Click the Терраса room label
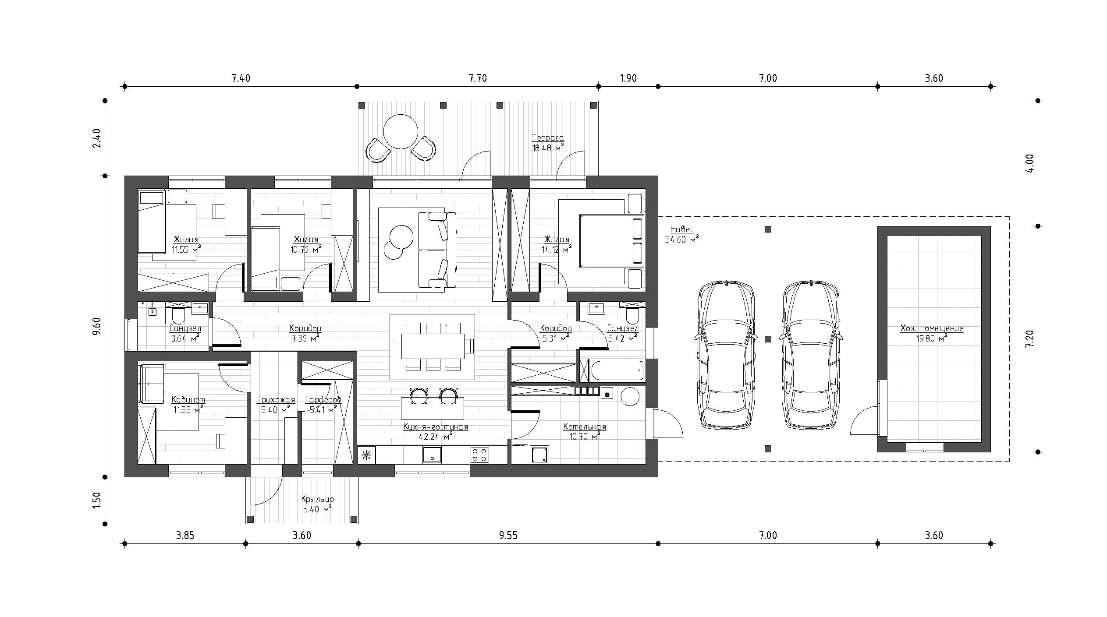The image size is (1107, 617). (x=548, y=138)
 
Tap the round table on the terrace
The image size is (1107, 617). (x=401, y=132)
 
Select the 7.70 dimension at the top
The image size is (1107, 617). (x=478, y=78)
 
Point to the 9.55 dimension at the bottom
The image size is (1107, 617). (x=508, y=536)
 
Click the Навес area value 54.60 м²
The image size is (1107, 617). (x=682, y=239)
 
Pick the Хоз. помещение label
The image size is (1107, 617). (x=932, y=328)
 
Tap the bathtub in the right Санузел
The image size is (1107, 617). (x=617, y=370)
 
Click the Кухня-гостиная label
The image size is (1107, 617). (x=436, y=427)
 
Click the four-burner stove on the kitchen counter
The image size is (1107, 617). (x=479, y=454)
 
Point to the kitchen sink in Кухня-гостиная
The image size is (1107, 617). (x=432, y=455)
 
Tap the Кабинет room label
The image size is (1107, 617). (x=188, y=399)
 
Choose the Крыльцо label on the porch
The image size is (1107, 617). (x=318, y=499)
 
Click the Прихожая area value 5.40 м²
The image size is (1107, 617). (x=275, y=410)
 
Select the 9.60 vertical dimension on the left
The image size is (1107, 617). (x=97, y=326)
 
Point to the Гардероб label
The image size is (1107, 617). (x=323, y=399)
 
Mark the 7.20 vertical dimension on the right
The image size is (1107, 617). (x=1030, y=339)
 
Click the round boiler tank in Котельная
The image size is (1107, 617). (x=631, y=397)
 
